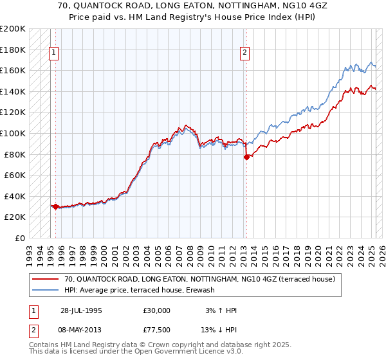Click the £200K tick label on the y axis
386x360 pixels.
click(13, 29)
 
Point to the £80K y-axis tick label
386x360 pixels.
click(15, 154)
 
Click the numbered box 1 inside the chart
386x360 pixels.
click(54, 53)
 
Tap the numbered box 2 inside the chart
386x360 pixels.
click(245, 53)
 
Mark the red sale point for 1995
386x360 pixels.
click(55, 206)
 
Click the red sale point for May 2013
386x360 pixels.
click(246, 157)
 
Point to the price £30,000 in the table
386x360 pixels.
click(157, 310)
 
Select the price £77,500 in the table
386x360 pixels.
click(157, 330)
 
